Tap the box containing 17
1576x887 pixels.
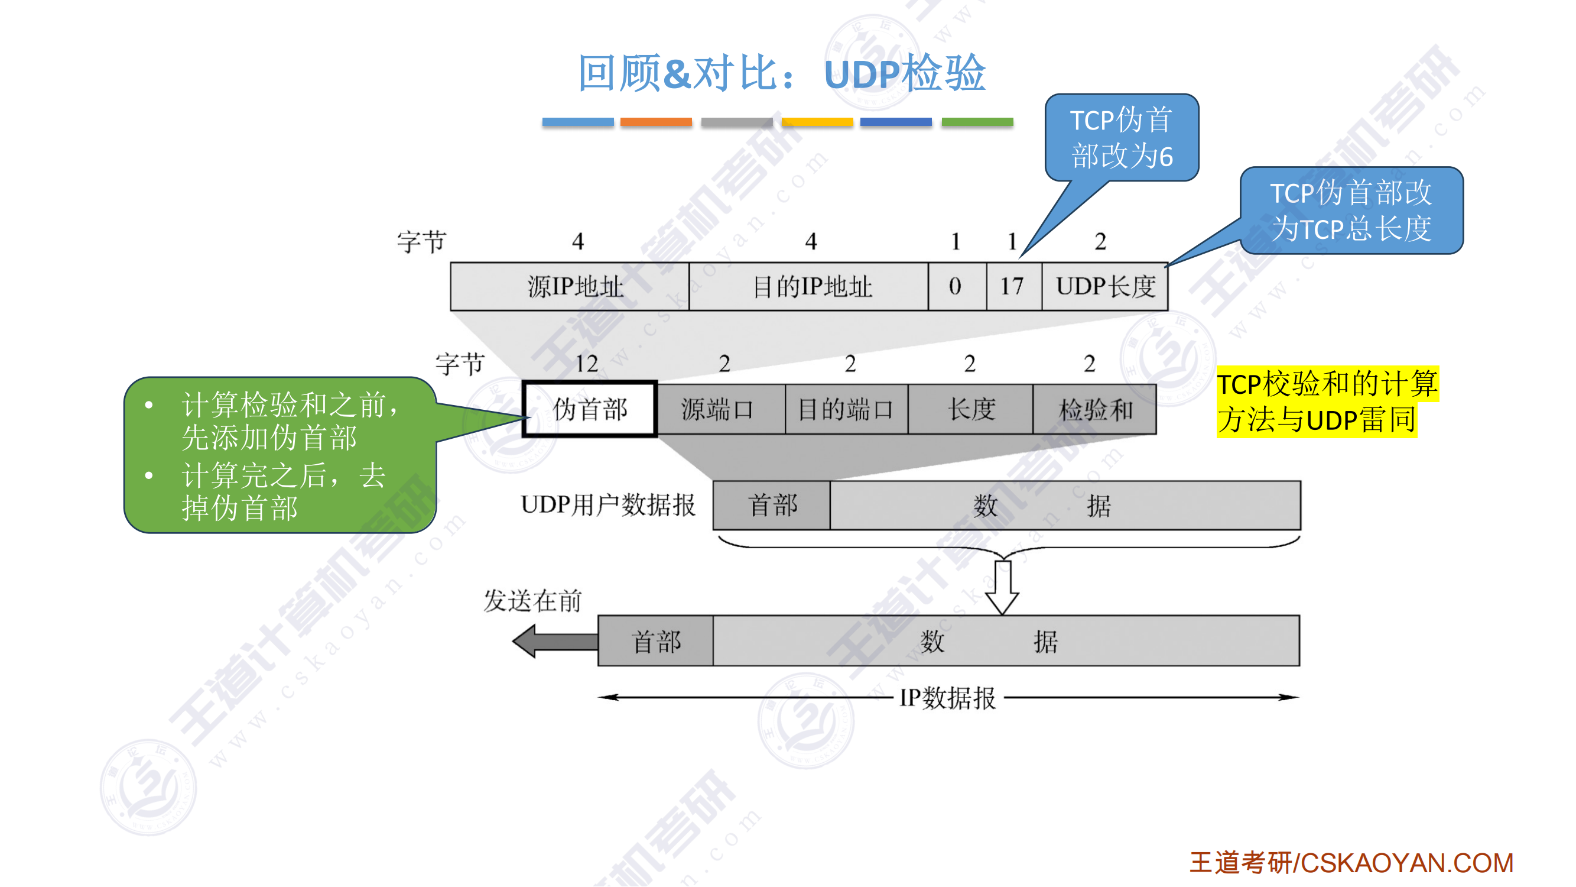(1013, 286)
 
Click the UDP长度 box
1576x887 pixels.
(1105, 286)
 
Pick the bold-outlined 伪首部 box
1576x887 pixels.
(590, 409)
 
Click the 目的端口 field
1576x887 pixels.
(846, 409)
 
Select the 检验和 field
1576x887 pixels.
(1094, 409)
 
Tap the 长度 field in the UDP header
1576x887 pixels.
(970, 409)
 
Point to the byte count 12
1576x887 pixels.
(586, 364)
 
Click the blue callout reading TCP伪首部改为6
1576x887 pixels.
(1122, 137)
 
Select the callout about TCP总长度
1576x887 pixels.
(1351, 211)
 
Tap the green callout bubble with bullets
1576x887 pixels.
(280, 455)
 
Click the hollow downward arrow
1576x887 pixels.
(1002, 587)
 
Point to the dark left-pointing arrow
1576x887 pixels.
(554, 641)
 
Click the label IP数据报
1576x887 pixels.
(947, 697)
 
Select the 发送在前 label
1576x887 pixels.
(532, 601)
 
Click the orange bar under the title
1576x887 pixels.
(656, 122)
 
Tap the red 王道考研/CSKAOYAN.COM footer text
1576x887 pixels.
(1351, 863)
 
